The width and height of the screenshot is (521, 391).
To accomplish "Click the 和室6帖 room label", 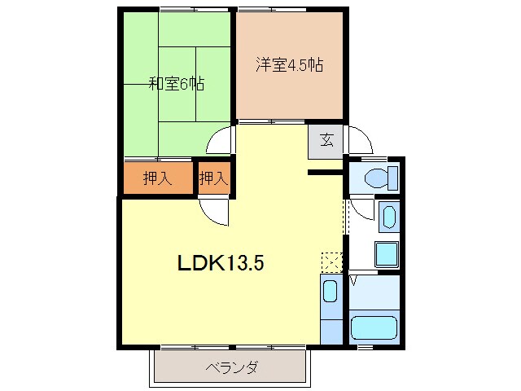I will coord(176,83).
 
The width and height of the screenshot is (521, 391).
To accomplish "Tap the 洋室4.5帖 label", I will coord(289,66).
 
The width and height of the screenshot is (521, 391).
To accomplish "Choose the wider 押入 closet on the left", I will coord(157,178).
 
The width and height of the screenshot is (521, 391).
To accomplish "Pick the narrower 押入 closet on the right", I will coord(213,178).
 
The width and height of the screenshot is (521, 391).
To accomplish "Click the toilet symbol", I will coord(378,177).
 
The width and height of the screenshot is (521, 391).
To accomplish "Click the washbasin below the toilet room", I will coord(387,217).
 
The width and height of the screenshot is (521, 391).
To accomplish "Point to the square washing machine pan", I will coord(386,253).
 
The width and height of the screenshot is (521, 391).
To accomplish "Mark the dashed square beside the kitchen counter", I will coord(331,261).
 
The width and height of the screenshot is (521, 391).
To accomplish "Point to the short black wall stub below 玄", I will coord(325,172).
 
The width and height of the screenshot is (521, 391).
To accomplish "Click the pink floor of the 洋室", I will coord(289,94).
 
